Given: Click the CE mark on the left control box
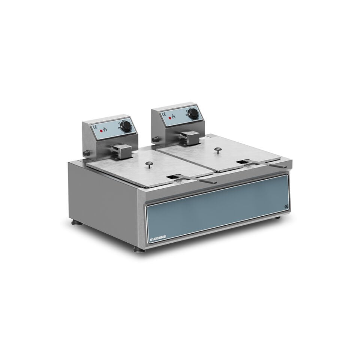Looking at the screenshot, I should pyautogui.click(x=94, y=126).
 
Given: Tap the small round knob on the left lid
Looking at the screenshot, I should pyautogui.click(x=149, y=163).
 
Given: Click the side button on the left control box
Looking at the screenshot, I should pyautogui.click(x=87, y=153).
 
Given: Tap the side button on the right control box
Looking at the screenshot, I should pyautogui.click(x=155, y=139).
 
